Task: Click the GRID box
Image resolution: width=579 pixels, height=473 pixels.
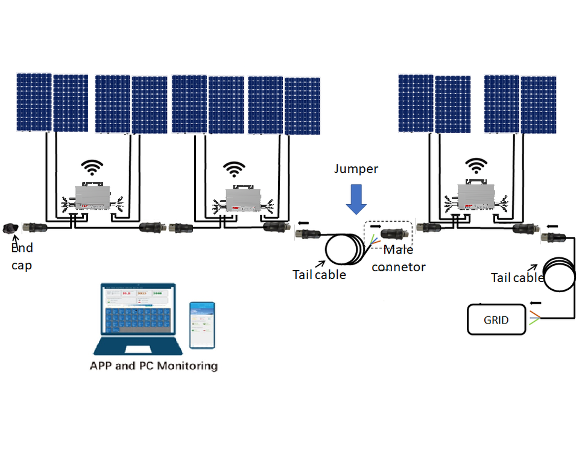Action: click(x=496, y=320)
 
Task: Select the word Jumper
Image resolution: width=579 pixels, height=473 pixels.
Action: click(x=356, y=169)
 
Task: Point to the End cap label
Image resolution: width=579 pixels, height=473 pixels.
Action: click(x=22, y=257)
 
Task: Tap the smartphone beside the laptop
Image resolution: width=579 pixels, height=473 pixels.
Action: click(x=202, y=324)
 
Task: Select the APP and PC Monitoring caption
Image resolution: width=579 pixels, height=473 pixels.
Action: click(x=153, y=366)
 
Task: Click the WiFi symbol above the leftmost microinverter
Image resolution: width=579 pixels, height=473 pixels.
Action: click(x=92, y=167)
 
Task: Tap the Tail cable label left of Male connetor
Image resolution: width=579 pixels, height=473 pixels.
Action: click(x=320, y=275)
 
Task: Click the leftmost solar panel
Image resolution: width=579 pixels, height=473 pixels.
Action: click(x=34, y=102)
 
